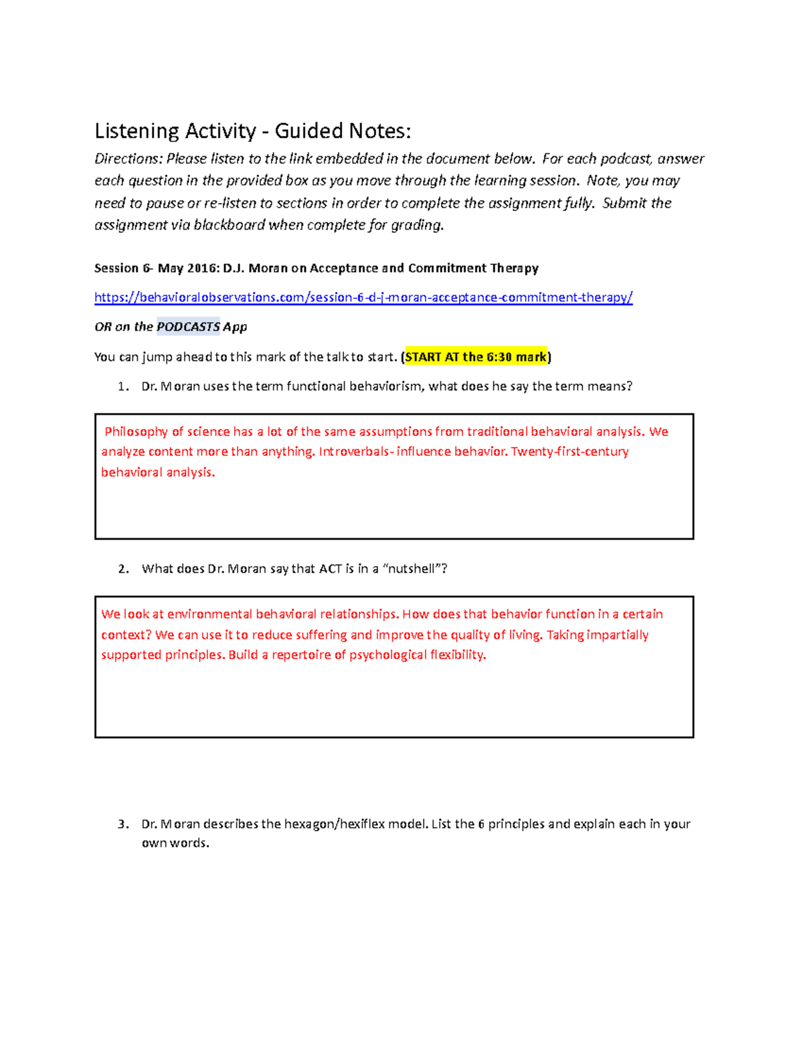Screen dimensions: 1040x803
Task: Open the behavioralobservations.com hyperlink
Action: (x=363, y=297)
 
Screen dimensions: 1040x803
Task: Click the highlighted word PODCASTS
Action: (x=188, y=327)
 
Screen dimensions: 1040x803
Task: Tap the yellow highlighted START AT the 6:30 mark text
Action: (x=476, y=357)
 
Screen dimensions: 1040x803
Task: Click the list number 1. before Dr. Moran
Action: (x=122, y=386)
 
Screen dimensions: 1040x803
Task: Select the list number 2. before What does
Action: (x=122, y=569)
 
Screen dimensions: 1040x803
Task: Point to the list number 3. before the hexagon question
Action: (x=122, y=824)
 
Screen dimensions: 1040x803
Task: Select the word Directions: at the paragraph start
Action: (x=128, y=159)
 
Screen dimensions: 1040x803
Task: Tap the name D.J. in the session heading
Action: (x=234, y=269)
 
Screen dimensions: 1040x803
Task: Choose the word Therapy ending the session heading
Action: (x=514, y=269)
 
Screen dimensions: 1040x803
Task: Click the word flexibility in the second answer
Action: (x=458, y=655)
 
